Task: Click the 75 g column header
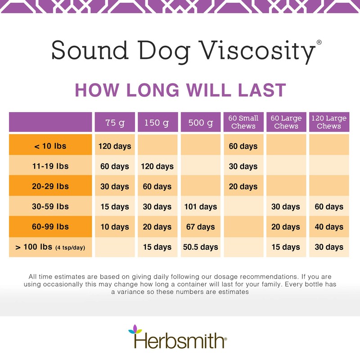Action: tap(115, 122)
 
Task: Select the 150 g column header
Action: tap(157, 122)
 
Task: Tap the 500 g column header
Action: tap(200, 122)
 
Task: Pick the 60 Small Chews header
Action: tap(243, 122)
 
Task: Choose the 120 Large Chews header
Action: tap(328, 122)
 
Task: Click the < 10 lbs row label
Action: tap(51, 146)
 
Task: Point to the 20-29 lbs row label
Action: tap(51, 186)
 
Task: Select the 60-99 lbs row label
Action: tap(51, 227)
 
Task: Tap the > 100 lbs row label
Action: tap(51, 247)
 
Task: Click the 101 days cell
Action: tap(200, 207)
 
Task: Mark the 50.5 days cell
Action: tap(200, 247)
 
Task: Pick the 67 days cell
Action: tap(200, 227)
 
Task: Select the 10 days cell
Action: tap(115, 227)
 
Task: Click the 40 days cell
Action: tap(328, 227)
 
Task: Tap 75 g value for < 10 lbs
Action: tap(115, 146)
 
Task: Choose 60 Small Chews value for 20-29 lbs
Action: tap(243, 186)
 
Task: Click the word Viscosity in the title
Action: tap(256, 51)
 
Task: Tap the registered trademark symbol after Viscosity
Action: tap(319, 42)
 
